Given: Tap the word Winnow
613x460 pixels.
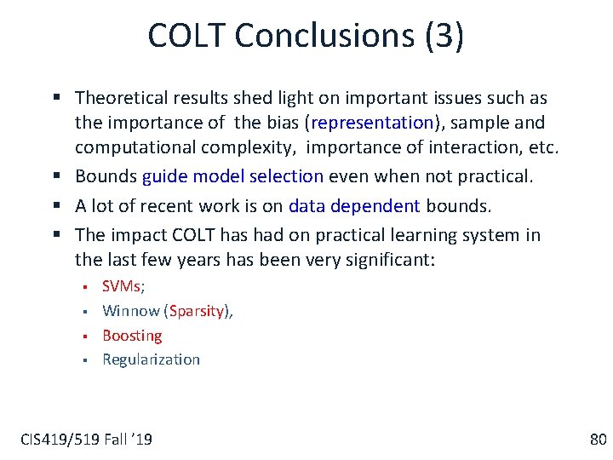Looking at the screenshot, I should (x=130, y=311).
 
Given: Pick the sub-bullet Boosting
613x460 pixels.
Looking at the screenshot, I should (x=132, y=336).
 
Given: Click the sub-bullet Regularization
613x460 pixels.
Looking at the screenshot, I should (x=151, y=359).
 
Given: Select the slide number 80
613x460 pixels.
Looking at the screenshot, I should (x=598, y=440).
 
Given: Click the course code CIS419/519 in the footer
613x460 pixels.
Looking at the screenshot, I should (x=57, y=440).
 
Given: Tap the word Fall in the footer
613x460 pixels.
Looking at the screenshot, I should (x=115, y=440).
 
